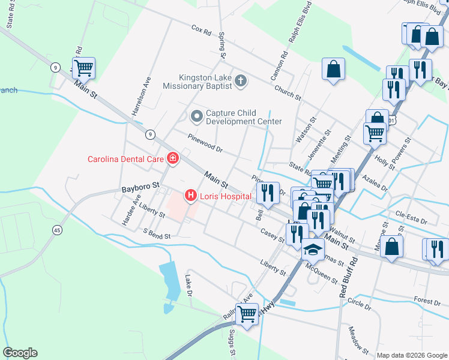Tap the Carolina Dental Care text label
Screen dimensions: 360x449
click(x=125, y=159)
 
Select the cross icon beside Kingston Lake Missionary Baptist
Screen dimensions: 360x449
click(x=241, y=81)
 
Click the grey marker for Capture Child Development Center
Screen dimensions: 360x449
click(x=196, y=115)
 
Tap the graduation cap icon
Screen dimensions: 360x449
click(x=312, y=250)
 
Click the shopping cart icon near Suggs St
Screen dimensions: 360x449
click(x=247, y=314)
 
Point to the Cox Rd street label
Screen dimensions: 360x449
click(x=202, y=28)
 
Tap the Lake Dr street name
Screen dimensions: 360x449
click(x=188, y=285)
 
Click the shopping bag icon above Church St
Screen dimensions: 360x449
click(x=333, y=69)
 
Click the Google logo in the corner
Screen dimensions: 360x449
click(x=20, y=353)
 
